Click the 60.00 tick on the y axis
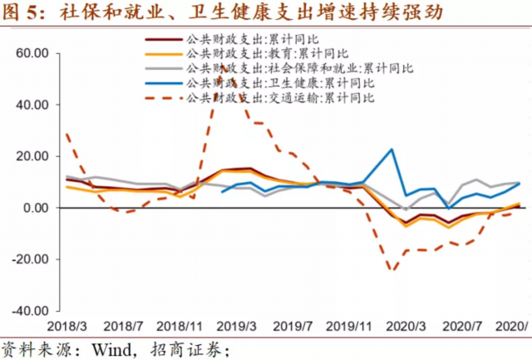point(36,54)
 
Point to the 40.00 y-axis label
point(36,106)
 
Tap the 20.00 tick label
point(36,156)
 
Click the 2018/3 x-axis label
point(66,327)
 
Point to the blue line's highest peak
point(391,150)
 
